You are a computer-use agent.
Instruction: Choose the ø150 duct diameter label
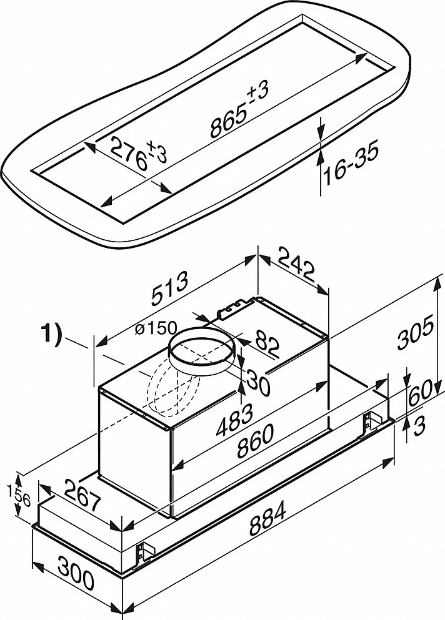tap(153, 328)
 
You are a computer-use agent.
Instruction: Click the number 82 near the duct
tap(264, 346)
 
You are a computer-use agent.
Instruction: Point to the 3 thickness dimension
tap(421, 428)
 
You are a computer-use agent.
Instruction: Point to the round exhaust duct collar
tap(202, 352)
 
